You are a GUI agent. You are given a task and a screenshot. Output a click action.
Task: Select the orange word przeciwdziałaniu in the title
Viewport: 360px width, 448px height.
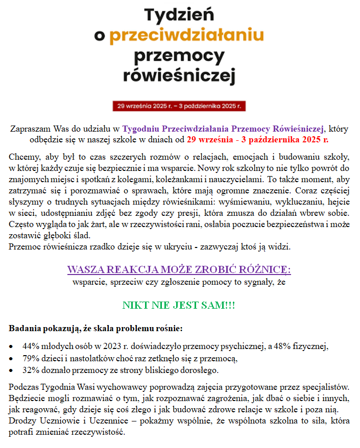click(x=186, y=35)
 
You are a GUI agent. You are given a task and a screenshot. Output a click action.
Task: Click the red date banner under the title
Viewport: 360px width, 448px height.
click(x=180, y=106)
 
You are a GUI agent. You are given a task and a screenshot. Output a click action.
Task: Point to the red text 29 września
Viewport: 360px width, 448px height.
click(x=210, y=139)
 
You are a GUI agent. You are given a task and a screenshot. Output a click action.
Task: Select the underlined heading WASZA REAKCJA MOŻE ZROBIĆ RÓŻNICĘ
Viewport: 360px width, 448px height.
click(x=179, y=269)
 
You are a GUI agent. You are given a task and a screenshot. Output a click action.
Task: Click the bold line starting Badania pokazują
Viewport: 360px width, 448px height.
click(x=95, y=327)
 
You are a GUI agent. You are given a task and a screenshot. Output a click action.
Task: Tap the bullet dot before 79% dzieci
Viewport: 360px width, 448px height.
click(x=12, y=359)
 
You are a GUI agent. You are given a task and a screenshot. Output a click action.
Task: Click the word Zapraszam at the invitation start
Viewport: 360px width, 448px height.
click(x=29, y=129)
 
